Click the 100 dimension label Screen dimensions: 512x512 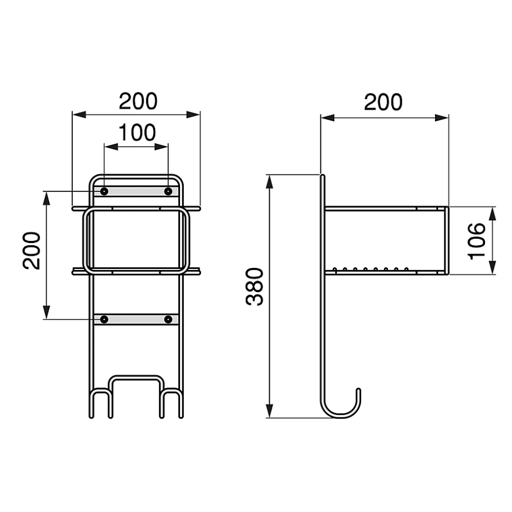(137, 132)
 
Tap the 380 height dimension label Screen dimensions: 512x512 (255, 287)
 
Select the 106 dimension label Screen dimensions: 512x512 (477, 241)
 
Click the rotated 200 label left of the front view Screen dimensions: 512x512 (31, 251)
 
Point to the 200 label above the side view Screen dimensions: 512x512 (383, 102)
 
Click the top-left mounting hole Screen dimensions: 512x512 (104, 191)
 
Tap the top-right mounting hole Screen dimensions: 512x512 (168, 191)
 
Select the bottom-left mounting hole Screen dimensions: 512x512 (104, 320)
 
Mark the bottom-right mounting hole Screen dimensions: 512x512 (168, 320)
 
